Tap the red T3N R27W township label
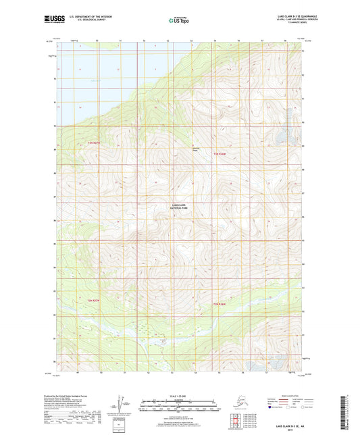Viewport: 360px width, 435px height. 93,143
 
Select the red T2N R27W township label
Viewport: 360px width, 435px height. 93,299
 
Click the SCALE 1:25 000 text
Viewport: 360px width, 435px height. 180,395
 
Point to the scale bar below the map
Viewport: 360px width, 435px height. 180,403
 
